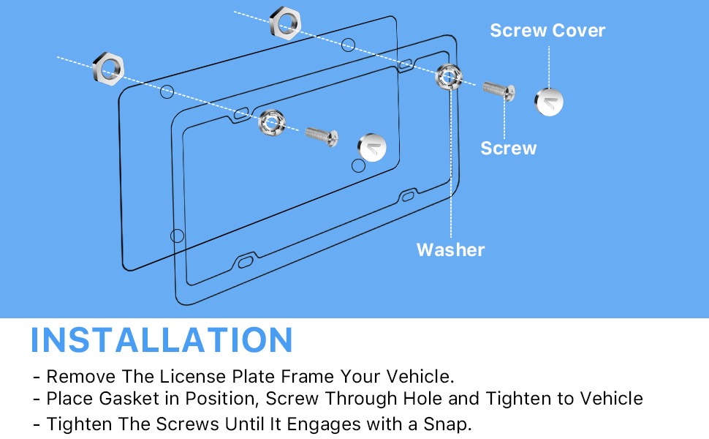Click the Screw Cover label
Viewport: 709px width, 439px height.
pos(547,31)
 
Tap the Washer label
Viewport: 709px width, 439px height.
pos(450,249)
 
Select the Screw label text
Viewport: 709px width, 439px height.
pos(508,149)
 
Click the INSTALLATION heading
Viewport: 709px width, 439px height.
pos(162,340)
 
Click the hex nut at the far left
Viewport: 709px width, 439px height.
pos(110,67)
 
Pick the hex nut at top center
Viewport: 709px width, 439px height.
pos(284,23)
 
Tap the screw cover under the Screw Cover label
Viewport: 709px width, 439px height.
pos(549,102)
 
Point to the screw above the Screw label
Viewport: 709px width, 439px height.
pos(499,90)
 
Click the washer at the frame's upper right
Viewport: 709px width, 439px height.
pos(447,76)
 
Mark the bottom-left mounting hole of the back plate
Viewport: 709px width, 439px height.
pos(177,236)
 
